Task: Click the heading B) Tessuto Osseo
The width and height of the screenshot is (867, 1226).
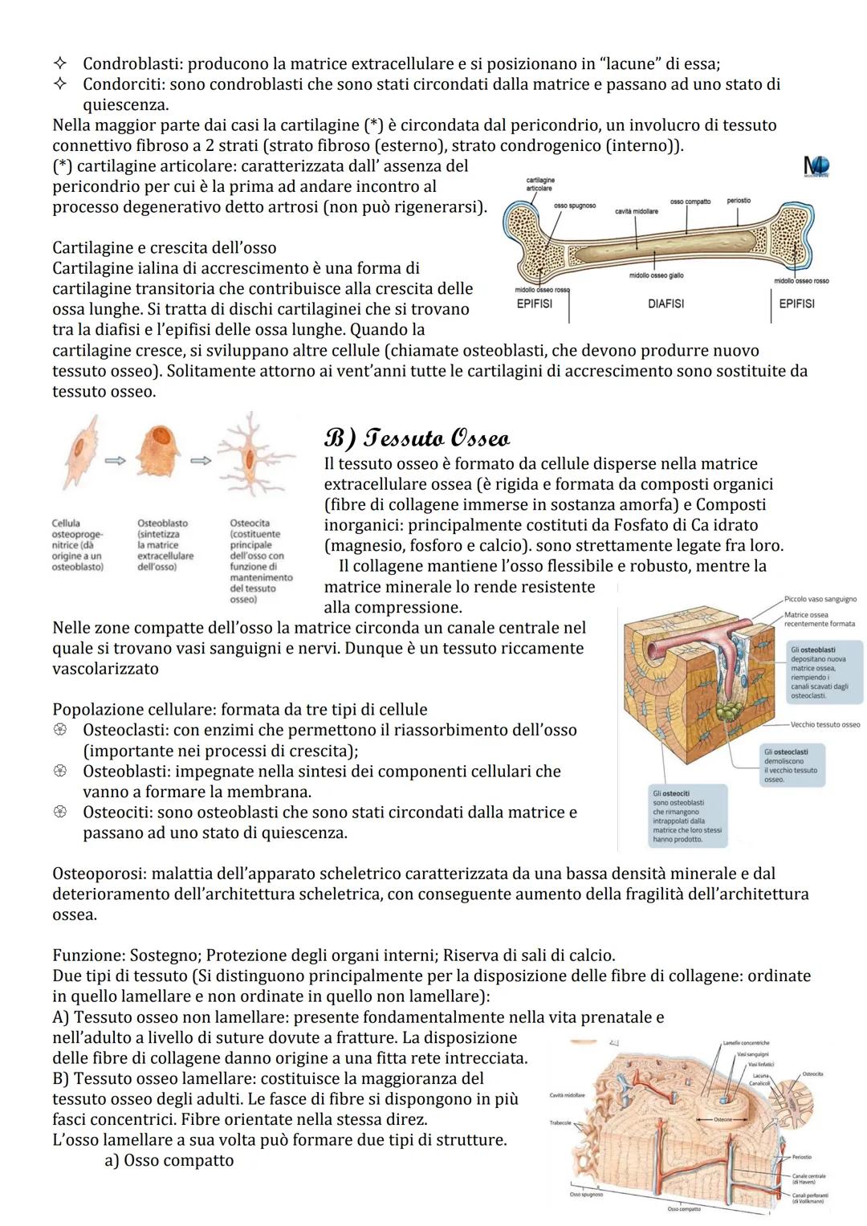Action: pos(417,438)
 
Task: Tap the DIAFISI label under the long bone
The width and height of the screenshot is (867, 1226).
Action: pos(666,303)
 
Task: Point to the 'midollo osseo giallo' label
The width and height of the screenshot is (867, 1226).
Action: pos(656,275)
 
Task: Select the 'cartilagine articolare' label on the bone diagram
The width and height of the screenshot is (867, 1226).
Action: pos(539,184)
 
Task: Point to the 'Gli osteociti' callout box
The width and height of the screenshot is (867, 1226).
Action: pos(688,816)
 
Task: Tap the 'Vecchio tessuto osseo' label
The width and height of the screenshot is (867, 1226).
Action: pos(824,724)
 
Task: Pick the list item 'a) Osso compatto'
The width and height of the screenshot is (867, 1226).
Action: pos(169,1160)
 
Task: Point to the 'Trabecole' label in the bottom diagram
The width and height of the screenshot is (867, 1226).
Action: pos(560,1122)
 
